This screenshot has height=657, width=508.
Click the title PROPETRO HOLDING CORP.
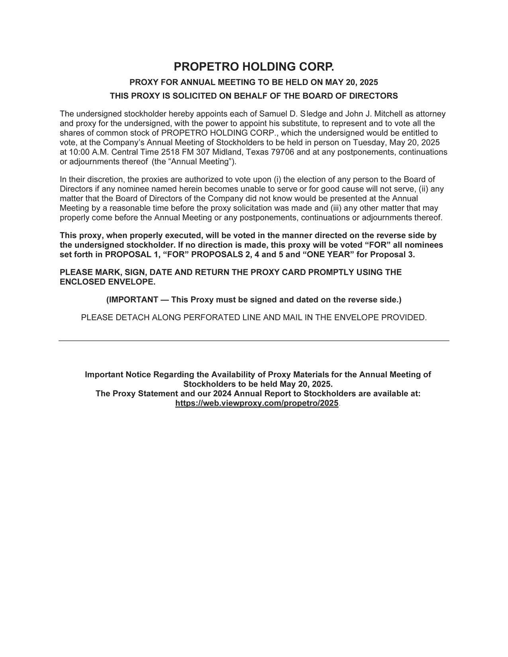click(254, 66)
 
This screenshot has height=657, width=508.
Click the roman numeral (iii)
click(335, 208)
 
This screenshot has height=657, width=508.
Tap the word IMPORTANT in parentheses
click(132, 300)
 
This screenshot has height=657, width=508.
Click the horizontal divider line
click(254, 341)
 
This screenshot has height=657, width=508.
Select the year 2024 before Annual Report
click(223, 394)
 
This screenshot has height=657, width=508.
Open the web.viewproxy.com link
click(257, 403)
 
